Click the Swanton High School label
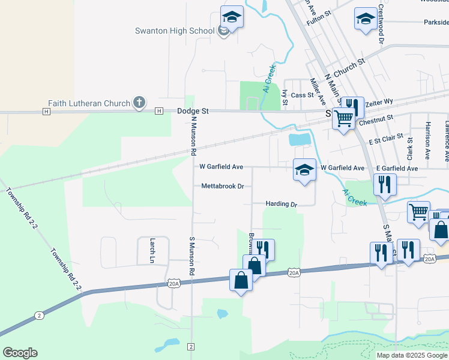[x=174, y=31]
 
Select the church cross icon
[x=139, y=103]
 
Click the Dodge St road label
[x=193, y=111]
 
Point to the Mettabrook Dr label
[x=222, y=186]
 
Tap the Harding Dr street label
[x=282, y=204]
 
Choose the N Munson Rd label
[x=194, y=135]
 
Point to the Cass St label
[x=302, y=95]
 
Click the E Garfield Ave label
[x=397, y=168]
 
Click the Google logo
[x=20, y=353]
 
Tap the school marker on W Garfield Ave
[x=304, y=170]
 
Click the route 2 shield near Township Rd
[x=39, y=315]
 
